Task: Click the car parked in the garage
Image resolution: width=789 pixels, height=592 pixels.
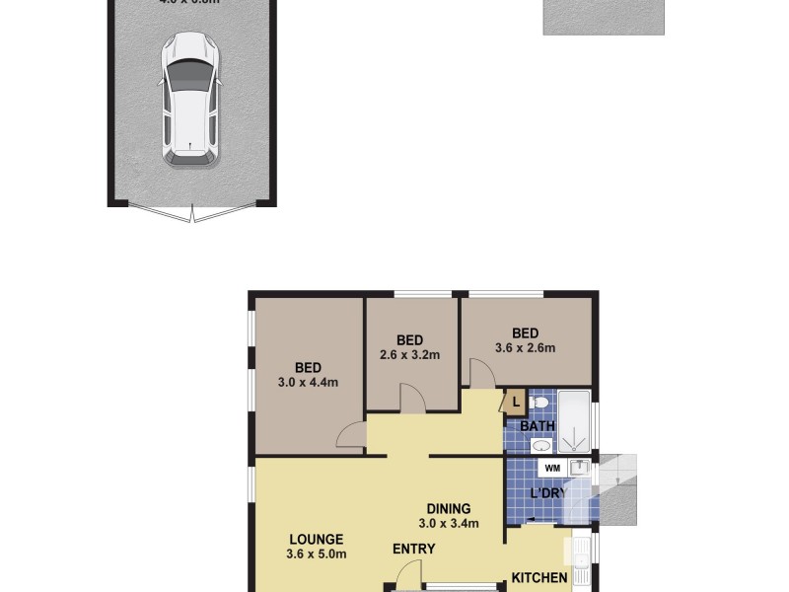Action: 189,99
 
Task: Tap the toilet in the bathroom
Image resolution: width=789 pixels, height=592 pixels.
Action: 538,404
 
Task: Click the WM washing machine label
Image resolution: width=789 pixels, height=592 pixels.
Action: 552,468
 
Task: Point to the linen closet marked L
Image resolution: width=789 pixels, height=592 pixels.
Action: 516,403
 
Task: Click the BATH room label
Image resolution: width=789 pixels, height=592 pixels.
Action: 538,426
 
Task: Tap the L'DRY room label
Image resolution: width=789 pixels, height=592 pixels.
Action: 548,493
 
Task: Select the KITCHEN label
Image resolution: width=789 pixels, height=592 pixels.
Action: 538,578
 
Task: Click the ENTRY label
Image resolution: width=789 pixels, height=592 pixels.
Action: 413,549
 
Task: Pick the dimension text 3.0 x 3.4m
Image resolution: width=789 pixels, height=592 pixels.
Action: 449,524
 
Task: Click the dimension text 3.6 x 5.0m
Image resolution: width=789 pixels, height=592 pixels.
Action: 317,554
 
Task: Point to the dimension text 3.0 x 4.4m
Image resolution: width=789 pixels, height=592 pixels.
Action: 310,382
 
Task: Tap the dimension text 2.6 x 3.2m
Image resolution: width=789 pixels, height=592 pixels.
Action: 409,355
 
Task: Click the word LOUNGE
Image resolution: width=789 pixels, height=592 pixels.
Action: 317,539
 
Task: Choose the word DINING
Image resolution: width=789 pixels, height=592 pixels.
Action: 449,509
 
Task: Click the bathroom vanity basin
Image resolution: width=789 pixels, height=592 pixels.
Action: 540,446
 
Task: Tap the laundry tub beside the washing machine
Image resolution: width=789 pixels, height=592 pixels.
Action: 581,467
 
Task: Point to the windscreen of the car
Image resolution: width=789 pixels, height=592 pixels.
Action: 189,74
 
